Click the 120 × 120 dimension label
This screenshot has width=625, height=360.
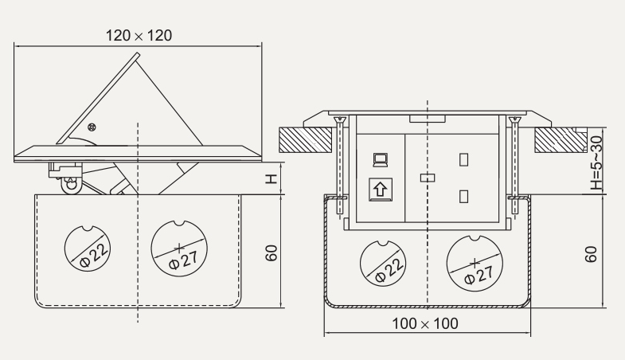pyautogui.click(x=139, y=35)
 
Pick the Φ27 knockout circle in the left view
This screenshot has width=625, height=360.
pyautogui.click(x=179, y=248)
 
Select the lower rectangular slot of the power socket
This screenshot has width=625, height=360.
pyautogui.click(x=461, y=197)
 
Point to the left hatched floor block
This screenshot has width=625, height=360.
pyautogui.click(x=307, y=140)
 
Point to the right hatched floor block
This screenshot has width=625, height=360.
pyautogui.click(x=561, y=140)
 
